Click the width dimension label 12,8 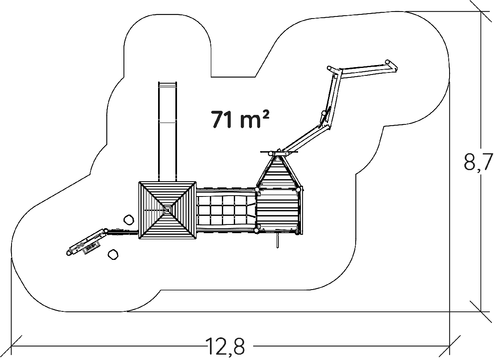click(225, 346)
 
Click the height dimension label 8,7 click(478, 162)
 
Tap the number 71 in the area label click(222, 119)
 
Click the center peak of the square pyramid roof click(168, 210)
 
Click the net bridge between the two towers click(226, 210)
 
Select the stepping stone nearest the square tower click(129, 220)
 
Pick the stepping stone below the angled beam click(113, 255)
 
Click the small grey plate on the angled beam click(91, 247)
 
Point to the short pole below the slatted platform click(277, 241)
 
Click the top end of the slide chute click(168, 82)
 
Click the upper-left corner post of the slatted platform click(257, 189)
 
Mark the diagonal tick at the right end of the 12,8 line click(450, 346)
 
